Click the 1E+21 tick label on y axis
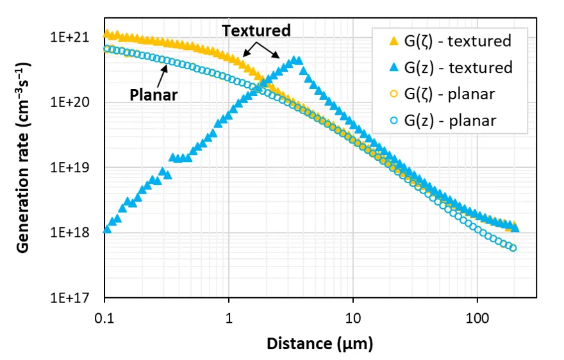point(72,37)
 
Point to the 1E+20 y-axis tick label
point(72,102)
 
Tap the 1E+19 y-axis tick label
point(72,168)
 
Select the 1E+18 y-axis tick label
point(72,233)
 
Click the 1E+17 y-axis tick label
point(72,298)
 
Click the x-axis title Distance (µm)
point(320,344)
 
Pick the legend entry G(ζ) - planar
point(449,94)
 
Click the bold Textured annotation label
point(256,30)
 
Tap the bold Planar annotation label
point(153,95)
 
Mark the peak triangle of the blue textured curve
point(296,60)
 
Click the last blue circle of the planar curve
point(513,248)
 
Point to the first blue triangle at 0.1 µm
point(106,229)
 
